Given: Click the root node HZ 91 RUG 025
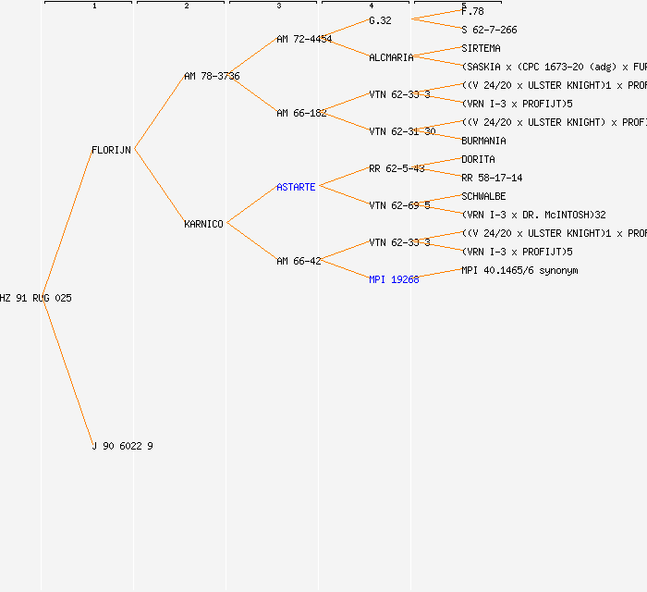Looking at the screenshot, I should click(36, 298).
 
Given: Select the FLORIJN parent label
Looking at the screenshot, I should click(111, 150).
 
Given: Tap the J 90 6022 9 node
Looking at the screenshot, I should click(122, 446).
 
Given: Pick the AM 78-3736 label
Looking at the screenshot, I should click(212, 76).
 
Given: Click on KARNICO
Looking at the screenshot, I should click(203, 224).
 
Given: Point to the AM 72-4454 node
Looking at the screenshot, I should click(304, 39).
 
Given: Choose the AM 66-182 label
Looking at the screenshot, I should click(301, 113).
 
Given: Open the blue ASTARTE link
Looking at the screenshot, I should click(296, 187).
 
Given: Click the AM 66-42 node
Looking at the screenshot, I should click(299, 261).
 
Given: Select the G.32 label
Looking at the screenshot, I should click(380, 20).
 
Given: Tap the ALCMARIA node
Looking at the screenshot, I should click(391, 57).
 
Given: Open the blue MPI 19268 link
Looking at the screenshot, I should click(394, 279).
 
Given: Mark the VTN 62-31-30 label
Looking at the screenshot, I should click(402, 131).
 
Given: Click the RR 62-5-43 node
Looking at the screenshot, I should click(397, 168).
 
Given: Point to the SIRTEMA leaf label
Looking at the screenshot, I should click(481, 48).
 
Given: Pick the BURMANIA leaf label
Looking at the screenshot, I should click(483, 141).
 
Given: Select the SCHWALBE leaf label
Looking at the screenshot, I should click(483, 196).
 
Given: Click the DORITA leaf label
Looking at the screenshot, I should click(478, 159).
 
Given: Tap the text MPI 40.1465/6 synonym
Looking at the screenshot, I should click(519, 270).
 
